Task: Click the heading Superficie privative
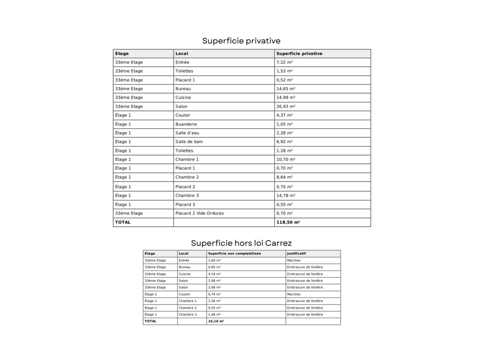tap(241, 41)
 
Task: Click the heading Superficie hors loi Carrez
tap(241, 243)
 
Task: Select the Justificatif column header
tap(296, 254)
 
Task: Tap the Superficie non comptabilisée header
tap(234, 254)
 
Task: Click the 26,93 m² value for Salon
tap(286, 106)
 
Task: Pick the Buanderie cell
tap(186, 124)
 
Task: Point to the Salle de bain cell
tap(189, 142)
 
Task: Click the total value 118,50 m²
tap(288, 222)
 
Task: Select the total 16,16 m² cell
tap(216, 321)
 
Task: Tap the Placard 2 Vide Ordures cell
tap(199, 213)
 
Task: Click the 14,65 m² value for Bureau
tap(286, 89)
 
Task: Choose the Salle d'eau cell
tap(187, 133)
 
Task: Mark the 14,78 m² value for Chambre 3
tap(286, 195)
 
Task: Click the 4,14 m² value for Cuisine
tap(214, 274)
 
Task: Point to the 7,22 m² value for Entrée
tap(285, 62)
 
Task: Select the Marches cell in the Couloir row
tap(294, 294)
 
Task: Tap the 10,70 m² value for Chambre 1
tap(286, 159)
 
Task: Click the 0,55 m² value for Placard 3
tap(285, 204)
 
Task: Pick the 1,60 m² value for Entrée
tap(214, 260)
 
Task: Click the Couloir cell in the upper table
tap(183, 115)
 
